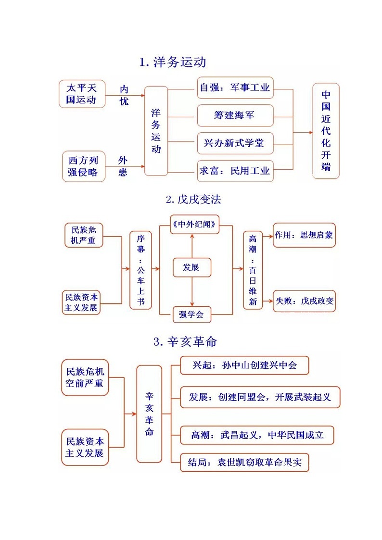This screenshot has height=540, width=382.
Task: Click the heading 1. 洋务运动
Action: coord(172,63)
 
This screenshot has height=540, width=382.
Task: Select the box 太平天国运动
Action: coord(82,94)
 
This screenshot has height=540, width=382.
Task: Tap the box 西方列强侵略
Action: coord(83,166)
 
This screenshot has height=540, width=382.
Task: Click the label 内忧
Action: coord(124,95)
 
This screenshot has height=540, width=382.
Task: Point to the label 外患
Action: coord(123,166)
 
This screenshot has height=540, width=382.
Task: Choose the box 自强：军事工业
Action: coord(235,88)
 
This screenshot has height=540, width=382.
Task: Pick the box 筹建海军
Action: coord(235,115)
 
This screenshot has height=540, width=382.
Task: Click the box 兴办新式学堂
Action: coord(235,143)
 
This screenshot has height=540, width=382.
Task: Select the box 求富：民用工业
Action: coord(235,171)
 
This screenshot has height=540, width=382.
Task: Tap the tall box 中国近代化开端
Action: coord(326,131)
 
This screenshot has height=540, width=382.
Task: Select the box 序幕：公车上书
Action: coord(140,270)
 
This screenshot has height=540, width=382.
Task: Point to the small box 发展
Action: coord(192,267)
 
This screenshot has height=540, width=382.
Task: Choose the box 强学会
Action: coord(192,315)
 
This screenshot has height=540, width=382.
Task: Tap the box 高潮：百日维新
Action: coord(253,270)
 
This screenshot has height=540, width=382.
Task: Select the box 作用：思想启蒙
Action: coord(304,235)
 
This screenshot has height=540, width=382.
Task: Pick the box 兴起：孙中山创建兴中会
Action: coord(244,365)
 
